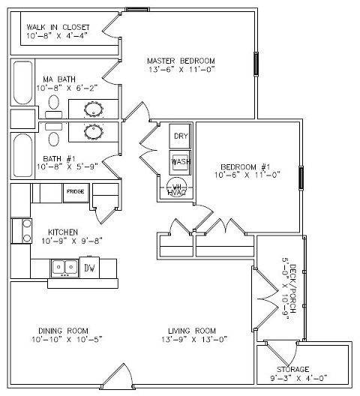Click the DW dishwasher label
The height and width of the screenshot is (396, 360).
pos(89,268)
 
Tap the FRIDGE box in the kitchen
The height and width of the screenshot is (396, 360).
pos(76,193)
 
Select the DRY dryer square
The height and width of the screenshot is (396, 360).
pos(180,136)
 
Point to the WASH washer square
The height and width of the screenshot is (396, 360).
pos(180,163)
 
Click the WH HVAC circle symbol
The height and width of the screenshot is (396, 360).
pos(177,186)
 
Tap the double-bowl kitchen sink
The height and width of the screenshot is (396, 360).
pos(65,268)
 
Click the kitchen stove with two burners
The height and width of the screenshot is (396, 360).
pos(22,231)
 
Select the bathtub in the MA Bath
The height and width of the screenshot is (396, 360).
pos(22,82)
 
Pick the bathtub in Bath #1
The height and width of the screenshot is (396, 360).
pos(22,155)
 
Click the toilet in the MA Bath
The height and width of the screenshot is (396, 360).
pos(54,106)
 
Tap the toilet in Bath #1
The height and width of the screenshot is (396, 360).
pos(54,134)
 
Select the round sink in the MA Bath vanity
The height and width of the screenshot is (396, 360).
pos(94,109)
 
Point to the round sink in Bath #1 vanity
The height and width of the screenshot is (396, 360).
pos(94,132)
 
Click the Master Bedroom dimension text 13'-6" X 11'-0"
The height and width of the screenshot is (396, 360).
pos(181,69)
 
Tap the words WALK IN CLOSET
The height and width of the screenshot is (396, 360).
pos(58,27)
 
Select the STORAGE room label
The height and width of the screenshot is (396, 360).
pos(292,370)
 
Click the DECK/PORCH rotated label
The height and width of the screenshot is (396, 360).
pos(292,289)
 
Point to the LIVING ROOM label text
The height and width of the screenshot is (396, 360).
pos(192,331)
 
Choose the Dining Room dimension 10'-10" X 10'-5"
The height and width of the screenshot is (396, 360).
pos(67,339)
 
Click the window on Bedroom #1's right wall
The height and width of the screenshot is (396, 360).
pos(301,178)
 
